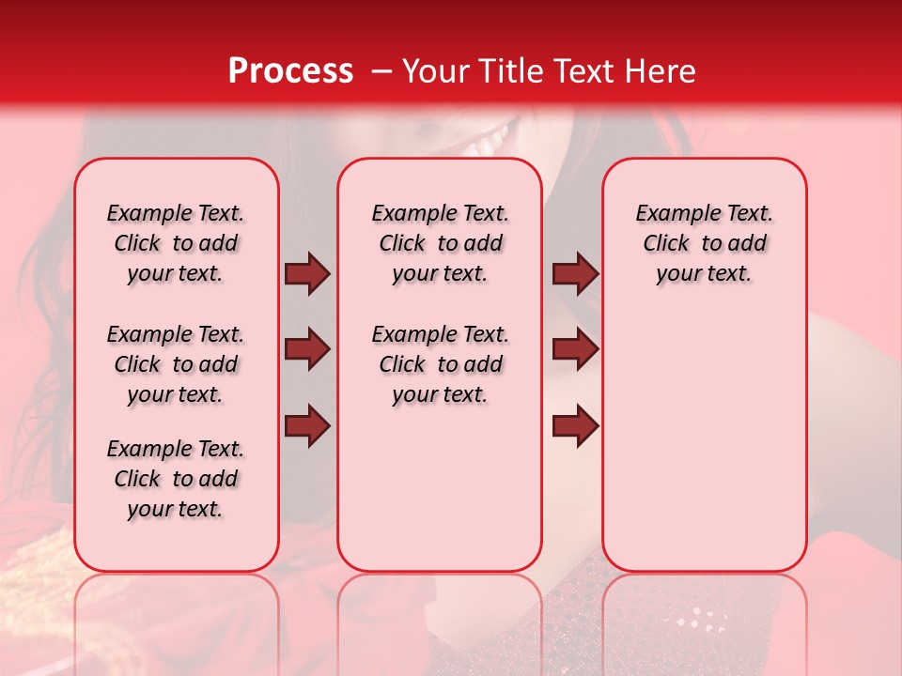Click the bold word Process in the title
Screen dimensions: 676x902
pyautogui.click(x=290, y=71)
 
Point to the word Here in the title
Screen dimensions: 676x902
pyautogui.click(x=658, y=71)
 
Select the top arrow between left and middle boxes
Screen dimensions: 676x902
pyautogui.click(x=307, y=273)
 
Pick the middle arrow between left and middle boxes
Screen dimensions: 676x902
pyautogui.click(x=307, y=349)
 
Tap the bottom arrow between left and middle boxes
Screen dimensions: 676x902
pyautogui.click(x=307, y=425)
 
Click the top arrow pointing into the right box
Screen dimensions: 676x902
pyautogui.click(x=575, y=273)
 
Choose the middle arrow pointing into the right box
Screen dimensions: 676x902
pyautogui.click(x=575, y=349)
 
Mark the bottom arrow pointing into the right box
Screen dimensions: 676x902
pyautogui.click(x=575, y=425)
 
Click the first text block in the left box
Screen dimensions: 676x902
pyautogui.click(x=176, y=243)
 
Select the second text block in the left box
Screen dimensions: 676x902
pyautogui.click(x=176, y=364)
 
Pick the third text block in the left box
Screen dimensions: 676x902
pyautogui.click(x=176, y=479)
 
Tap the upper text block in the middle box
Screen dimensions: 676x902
pyautogui.click(x=440, y=243)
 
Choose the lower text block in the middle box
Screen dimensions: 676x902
pyautogui.click(x=440, y=364)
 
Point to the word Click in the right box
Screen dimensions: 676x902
pyautogui.click(x=666, y=244)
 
